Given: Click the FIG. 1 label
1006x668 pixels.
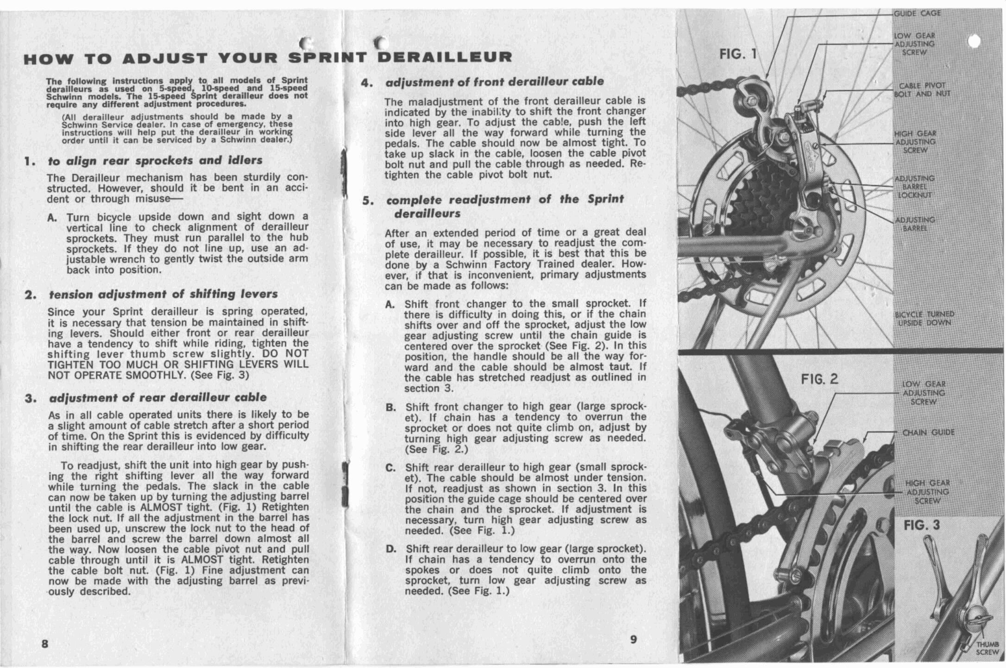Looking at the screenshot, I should click(738, 55).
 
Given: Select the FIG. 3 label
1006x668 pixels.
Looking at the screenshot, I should click(922, 525).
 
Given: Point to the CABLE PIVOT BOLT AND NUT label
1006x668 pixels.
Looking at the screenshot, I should click(922, 90).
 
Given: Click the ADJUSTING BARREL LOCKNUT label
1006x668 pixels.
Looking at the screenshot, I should click(914, 187).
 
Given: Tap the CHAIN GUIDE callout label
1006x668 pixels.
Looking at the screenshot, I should click(928, 432).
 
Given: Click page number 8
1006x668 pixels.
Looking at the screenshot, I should click(45, 644).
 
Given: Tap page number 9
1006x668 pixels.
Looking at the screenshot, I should click(633, 639).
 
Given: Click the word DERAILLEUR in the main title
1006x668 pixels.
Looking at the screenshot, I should click(445, 57).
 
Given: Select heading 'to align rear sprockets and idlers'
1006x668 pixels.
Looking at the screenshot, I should click(155, 161).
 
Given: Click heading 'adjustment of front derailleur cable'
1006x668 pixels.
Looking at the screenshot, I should click(494, 82).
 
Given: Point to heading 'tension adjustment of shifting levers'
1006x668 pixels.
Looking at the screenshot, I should click(163, 294).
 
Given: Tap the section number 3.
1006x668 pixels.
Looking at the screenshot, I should click(30, 398).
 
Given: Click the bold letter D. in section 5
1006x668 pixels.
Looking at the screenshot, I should click(391, 549).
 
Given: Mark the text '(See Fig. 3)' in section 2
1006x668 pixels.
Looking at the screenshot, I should click(220, 375).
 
